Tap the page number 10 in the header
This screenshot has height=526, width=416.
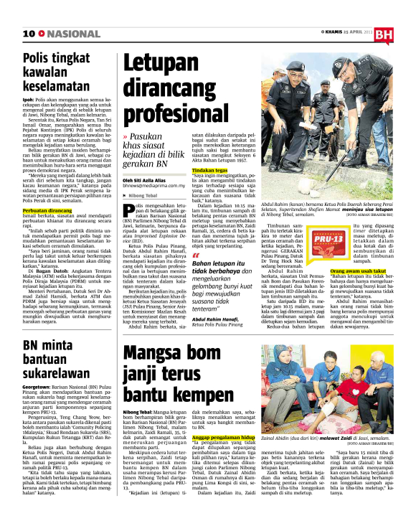pyautogui.click(x=30, y=34)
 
